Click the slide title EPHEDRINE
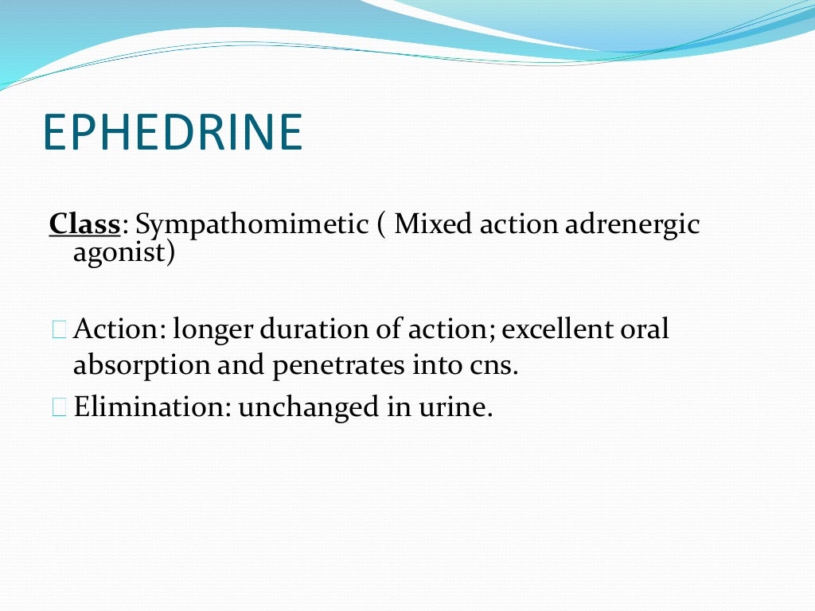click(173, 133)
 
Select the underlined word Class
click(84, 225)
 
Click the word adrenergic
click(632, 225)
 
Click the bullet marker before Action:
click(60, 329)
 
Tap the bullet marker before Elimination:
click(60, 407)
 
